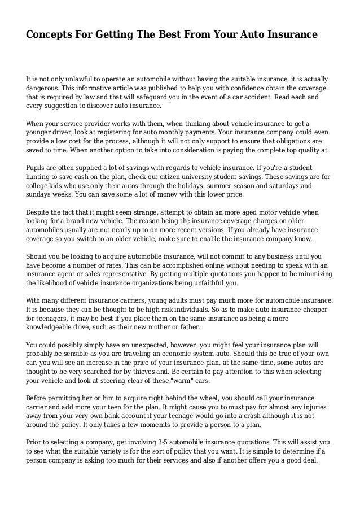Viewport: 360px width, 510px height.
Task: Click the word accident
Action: coord(254,97)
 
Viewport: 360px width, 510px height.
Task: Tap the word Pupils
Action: coord(37,168)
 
